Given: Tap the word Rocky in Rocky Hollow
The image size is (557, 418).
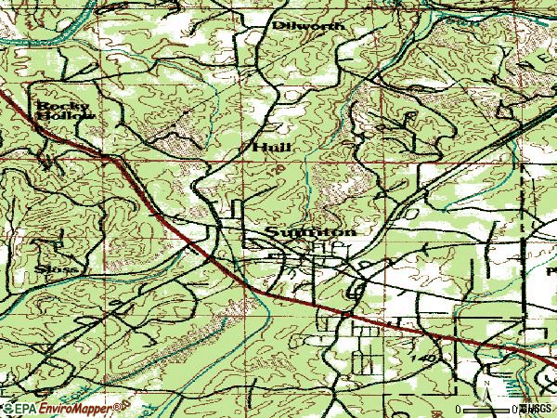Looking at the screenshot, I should (53, 106).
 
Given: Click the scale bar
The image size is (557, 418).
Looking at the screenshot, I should (488, 408).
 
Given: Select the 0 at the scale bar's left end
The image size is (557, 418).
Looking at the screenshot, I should (458, 409).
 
